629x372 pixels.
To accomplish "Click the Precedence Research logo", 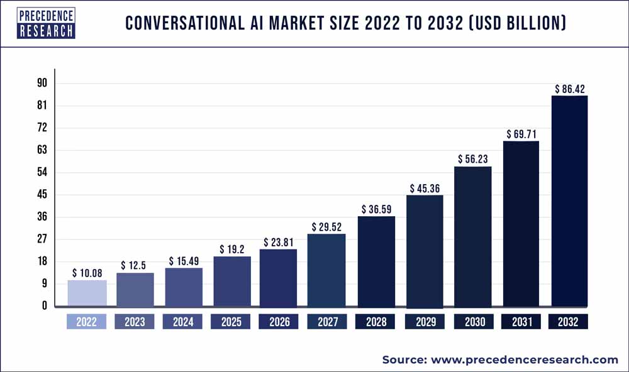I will click(x=46, y=23).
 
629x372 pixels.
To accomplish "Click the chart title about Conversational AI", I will click(x=345, y=24).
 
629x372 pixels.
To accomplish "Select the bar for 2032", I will click(x=569, y=201).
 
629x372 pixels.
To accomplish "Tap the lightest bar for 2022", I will click(x=87, y=293).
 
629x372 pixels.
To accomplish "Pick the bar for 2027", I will click(x=327, y=270).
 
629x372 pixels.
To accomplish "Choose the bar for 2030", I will click(x=473, y=236).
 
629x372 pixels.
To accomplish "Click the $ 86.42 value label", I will click(x=570, y=89).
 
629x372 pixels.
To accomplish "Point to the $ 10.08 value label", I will click(x=87, y=273).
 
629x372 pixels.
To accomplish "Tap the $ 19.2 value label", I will click(x=232, y=249).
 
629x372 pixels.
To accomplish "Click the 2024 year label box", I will click(x=183, y=322).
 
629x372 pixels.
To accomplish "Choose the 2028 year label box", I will click(x=376, y=322).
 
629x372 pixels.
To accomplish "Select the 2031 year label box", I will click(x=521, y=322).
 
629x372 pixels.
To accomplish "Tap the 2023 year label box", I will click(x=135, y=322).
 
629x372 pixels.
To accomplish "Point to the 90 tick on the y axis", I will click(x=42, y=84).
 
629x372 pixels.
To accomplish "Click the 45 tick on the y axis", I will click(x=42, y=195).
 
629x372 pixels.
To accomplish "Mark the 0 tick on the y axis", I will click(x=44, y=306).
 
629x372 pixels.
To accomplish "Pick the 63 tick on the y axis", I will click(x=42, y=150).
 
